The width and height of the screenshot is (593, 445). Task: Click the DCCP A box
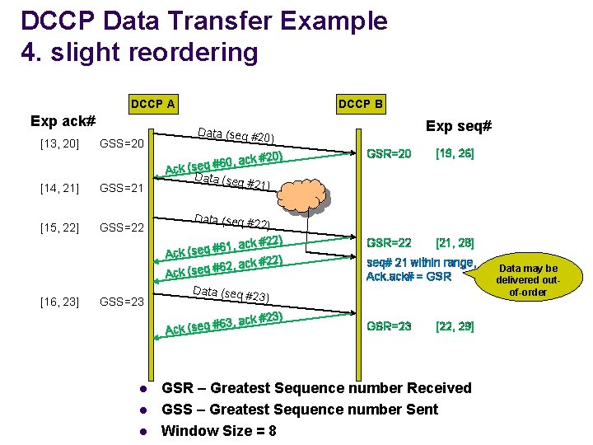(x=152, y=104)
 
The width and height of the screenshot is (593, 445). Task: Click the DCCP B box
(x=360, y=104)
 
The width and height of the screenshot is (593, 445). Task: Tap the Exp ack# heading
(x=63, y=121)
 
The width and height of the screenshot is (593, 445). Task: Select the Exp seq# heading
(x=459, y=126)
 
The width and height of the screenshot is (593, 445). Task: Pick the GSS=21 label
(x=122, y=188)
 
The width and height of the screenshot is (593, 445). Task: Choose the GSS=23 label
(x=122, y=302)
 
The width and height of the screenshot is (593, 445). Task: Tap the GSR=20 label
(x=389, y=153)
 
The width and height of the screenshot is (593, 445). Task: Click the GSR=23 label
(x=389, y=326)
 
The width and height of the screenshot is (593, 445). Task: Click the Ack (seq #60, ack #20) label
(x=224, y=163)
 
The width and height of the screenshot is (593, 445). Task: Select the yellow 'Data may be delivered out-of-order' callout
(x=528, y=280)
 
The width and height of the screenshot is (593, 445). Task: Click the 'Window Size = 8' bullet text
(x=218, y=431)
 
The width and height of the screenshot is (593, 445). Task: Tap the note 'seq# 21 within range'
(x=421, y=263)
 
